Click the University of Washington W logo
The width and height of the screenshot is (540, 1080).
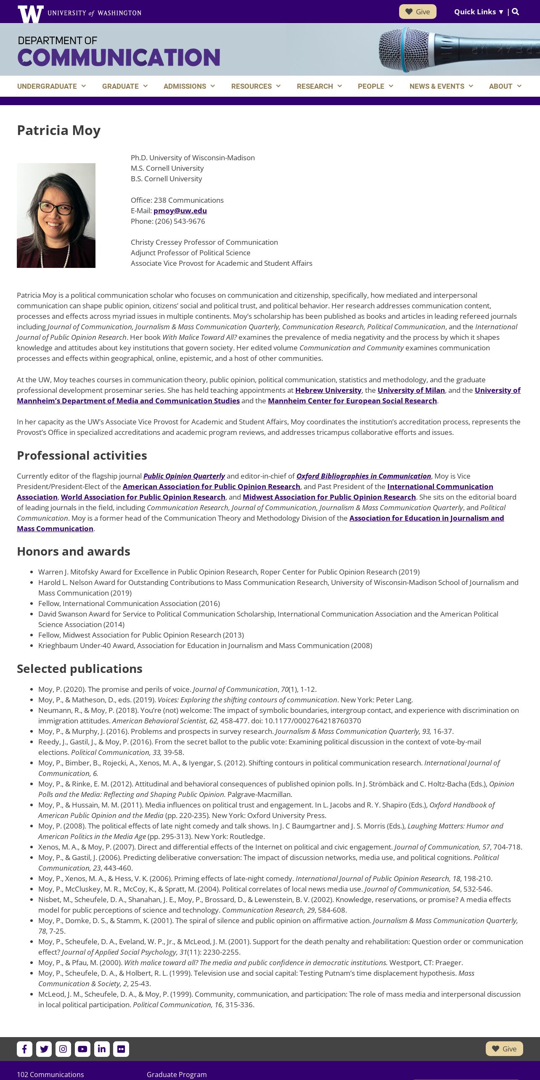(30, 13)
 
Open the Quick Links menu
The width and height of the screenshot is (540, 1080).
(479, 12)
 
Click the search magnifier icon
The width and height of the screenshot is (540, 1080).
(516, 12)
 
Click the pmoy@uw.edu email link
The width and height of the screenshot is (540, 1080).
(180, 211)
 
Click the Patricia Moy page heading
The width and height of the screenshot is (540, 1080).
(58, 130)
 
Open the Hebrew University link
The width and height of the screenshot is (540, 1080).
(328, 390)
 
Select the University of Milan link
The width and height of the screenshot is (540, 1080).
(411, 390)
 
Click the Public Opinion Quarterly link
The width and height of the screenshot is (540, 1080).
(184, 476)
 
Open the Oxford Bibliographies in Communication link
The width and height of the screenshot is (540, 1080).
(363, 476)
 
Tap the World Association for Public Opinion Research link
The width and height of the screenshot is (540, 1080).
(143, 497)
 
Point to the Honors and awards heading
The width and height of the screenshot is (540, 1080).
(74, 551)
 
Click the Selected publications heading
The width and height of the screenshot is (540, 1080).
(79, 669)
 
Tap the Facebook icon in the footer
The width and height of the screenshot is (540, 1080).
(24, 1049)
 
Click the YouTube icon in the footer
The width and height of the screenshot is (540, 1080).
(82, 1049)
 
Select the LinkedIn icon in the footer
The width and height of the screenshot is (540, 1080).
(102, 1049)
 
